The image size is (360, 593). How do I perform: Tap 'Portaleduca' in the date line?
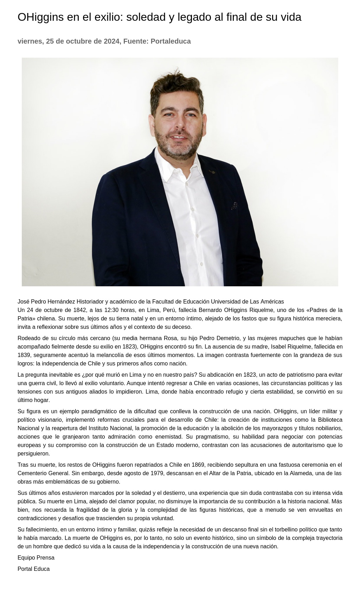pos(171,41)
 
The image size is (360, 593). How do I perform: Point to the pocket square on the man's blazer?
pos(234,205)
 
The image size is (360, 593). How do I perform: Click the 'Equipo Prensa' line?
pos(36,557)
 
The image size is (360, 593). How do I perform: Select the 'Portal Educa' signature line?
pos(33,569)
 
